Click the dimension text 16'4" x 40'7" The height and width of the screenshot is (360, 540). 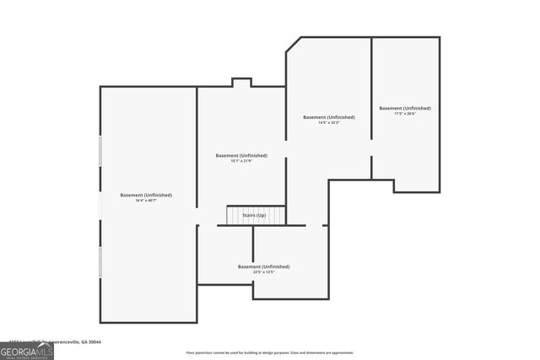(x=146, y=201)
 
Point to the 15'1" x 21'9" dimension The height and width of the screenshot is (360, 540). (x=241, y=161)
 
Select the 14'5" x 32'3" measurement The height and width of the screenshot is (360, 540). (x=328, y=123)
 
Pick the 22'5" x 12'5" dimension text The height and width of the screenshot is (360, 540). (x=263, y=272)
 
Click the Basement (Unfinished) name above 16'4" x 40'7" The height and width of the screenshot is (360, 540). (x=146, y=195)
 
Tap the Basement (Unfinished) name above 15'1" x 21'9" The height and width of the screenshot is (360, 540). (x=241, y=155)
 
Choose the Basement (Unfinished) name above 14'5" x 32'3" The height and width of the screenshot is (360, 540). (x=328, y=117)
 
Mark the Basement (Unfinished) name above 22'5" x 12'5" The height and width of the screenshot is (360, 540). (x=263, y=266)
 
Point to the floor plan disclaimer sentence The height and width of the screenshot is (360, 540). (x=269, y=352)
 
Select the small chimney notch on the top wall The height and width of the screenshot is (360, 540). (x=241, y=82)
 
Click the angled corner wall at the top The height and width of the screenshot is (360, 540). (x=294, y=44)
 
